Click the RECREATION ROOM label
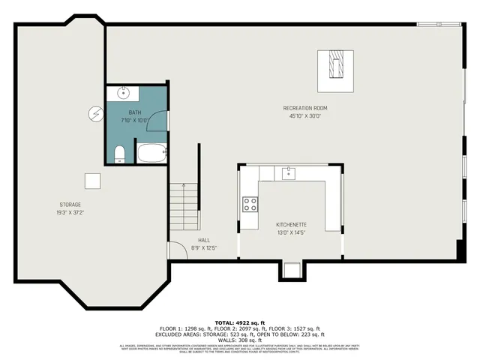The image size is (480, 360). (x=304, y=108)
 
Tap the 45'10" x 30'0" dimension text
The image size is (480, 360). (x=304, y=116)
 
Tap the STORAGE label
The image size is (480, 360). (x=70, y=205)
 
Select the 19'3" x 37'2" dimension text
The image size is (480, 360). (x=70, y=213)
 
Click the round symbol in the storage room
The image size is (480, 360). (x=94, y=113)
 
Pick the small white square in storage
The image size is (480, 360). (x=92, y=181)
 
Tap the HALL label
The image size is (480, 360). (x=204, y=240)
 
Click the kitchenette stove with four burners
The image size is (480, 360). (x=250, y=204)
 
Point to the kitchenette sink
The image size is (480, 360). (x=289, y=173)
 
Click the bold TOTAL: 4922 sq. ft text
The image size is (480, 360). (x=239, y=322)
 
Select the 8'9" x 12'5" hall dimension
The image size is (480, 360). (x=204, y=248)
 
